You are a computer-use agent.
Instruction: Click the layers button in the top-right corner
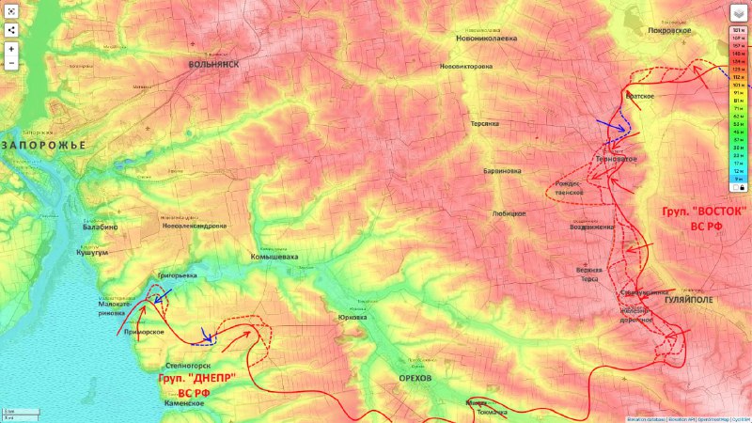pos(738,12)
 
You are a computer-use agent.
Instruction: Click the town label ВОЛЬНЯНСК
pos(213,64)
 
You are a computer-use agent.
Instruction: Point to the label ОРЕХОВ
pos(415,377)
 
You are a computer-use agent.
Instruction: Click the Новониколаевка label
pos(486,39)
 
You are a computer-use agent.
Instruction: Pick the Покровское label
pos(669,30)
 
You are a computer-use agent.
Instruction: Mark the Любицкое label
pos(509,213)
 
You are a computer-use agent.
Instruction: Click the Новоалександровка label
pos(194,226)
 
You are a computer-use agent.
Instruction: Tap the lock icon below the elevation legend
pos(740,187)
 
